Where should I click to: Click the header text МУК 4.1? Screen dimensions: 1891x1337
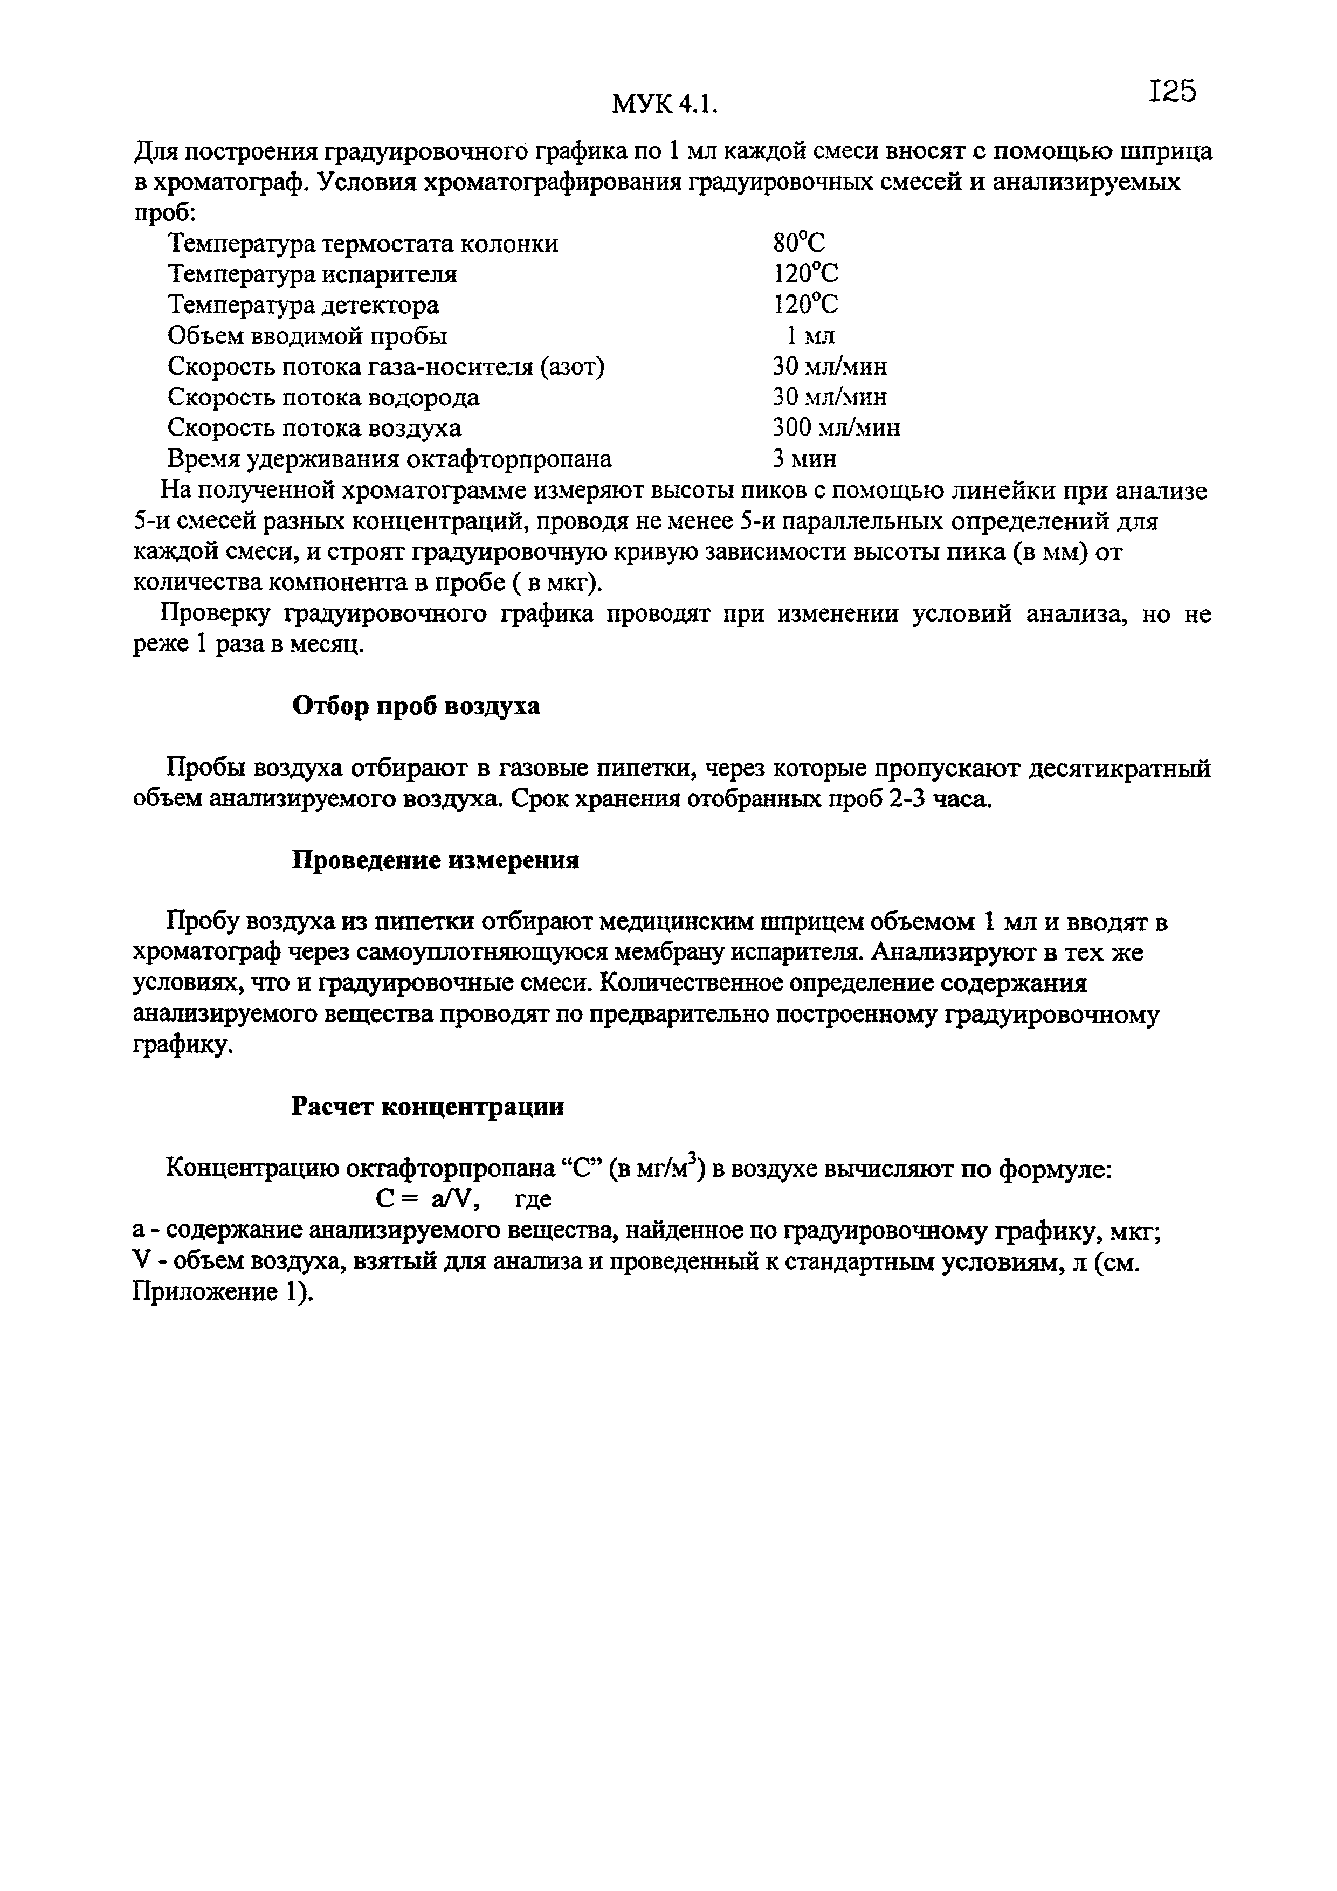point(665,104)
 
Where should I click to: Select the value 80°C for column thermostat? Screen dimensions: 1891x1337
point(798,243)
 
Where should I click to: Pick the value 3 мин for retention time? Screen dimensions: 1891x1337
point(804,459)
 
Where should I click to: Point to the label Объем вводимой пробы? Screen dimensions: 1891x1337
point(307,335)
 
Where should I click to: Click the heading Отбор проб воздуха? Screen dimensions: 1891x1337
point(417,706)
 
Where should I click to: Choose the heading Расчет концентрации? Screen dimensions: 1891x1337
point(429,1106)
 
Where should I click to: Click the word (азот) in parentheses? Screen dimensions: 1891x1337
point(571,367)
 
